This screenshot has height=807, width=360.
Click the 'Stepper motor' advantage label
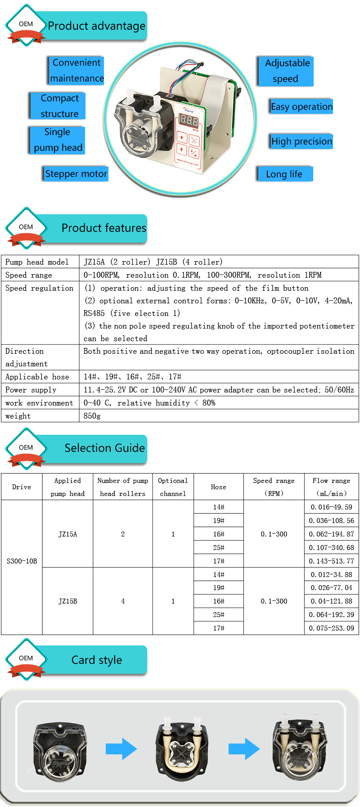pos(76,174)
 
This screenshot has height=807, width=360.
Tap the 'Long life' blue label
pos(284,174)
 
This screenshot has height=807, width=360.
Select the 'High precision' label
pos(301,141)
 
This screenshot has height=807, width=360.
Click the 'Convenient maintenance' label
pos(76,71)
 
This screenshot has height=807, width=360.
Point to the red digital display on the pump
pos(189,121)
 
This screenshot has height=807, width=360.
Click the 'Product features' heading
pos(103,228)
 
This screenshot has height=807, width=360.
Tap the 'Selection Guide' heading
pos(104,448)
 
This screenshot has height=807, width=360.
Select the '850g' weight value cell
pos(92,416)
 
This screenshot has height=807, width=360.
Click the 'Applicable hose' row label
pos(37,377)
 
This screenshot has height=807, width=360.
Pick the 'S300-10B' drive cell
pos(22,561)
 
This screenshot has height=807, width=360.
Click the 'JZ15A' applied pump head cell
pos(67,534)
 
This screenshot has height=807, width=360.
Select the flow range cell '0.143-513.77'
pos(331,561)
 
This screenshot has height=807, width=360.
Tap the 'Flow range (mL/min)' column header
pos(331,487)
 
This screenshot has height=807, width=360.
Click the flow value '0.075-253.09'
pos(331,628)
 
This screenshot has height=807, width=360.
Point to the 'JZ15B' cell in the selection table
pos(67,601)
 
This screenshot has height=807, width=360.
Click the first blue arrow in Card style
pos(121,749)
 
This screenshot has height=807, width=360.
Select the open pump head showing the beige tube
pos(182,749)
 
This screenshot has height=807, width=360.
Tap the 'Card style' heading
pos(96,660)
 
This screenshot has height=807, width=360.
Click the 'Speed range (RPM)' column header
pos(274,487)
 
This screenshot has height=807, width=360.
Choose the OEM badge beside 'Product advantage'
pos(26,26)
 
